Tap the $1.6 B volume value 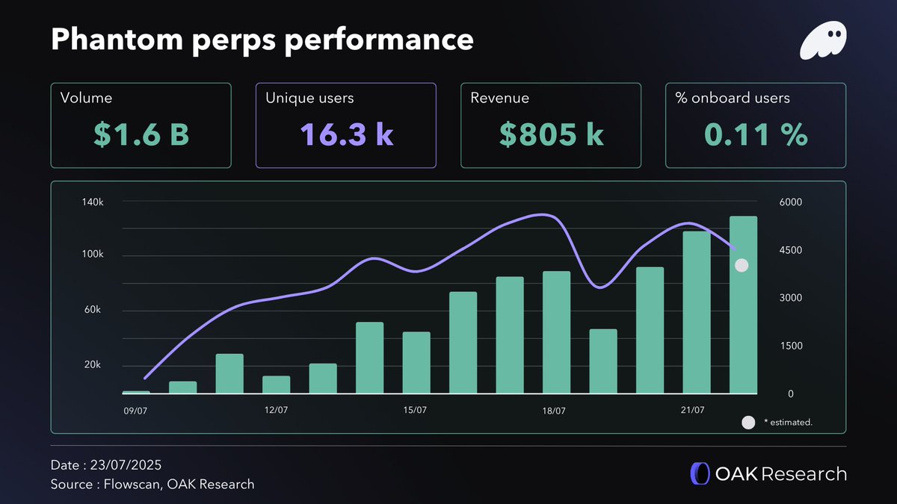[x=141, y=134]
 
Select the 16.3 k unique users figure [x=346, y=134]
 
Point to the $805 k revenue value [x=551, y=134]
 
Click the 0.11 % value [x=756, y=134]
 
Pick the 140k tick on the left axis [x=92, y=202]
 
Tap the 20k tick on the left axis [x=92, y=365]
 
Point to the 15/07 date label [x=415, y=411]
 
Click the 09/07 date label [x=136, y=411]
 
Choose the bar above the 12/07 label [x=276, y=385]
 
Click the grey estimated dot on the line [x=742, y=265]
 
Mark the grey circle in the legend [x=748, y=423]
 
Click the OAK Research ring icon [x=700, y=473]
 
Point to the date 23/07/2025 [x=126, y=464]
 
